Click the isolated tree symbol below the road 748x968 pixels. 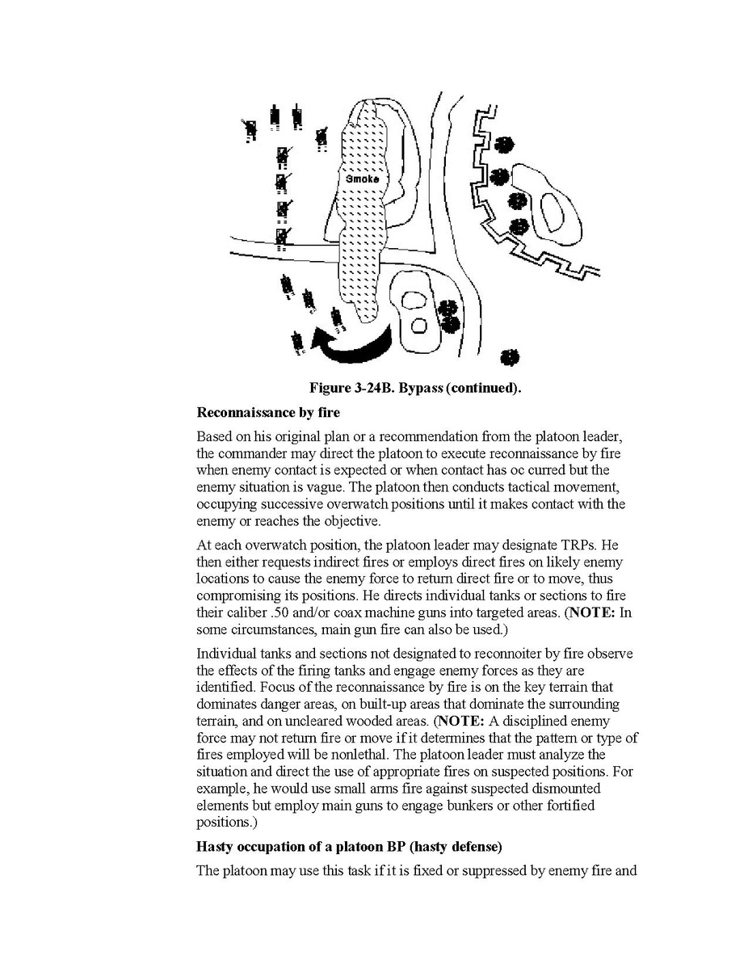pos(510,357)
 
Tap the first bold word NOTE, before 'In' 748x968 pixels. pos(592,612)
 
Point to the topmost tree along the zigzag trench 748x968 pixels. pos(504,145)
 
